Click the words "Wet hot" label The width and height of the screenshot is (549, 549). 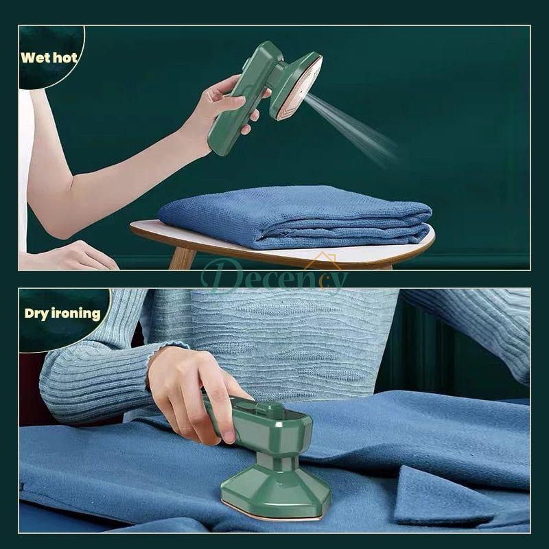click(49, 57)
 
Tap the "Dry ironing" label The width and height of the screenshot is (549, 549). click(62, 314)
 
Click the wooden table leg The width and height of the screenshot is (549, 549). click(181, 258)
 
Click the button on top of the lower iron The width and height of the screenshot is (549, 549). click(273, 411)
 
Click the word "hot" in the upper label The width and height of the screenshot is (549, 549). click(66, 57)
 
